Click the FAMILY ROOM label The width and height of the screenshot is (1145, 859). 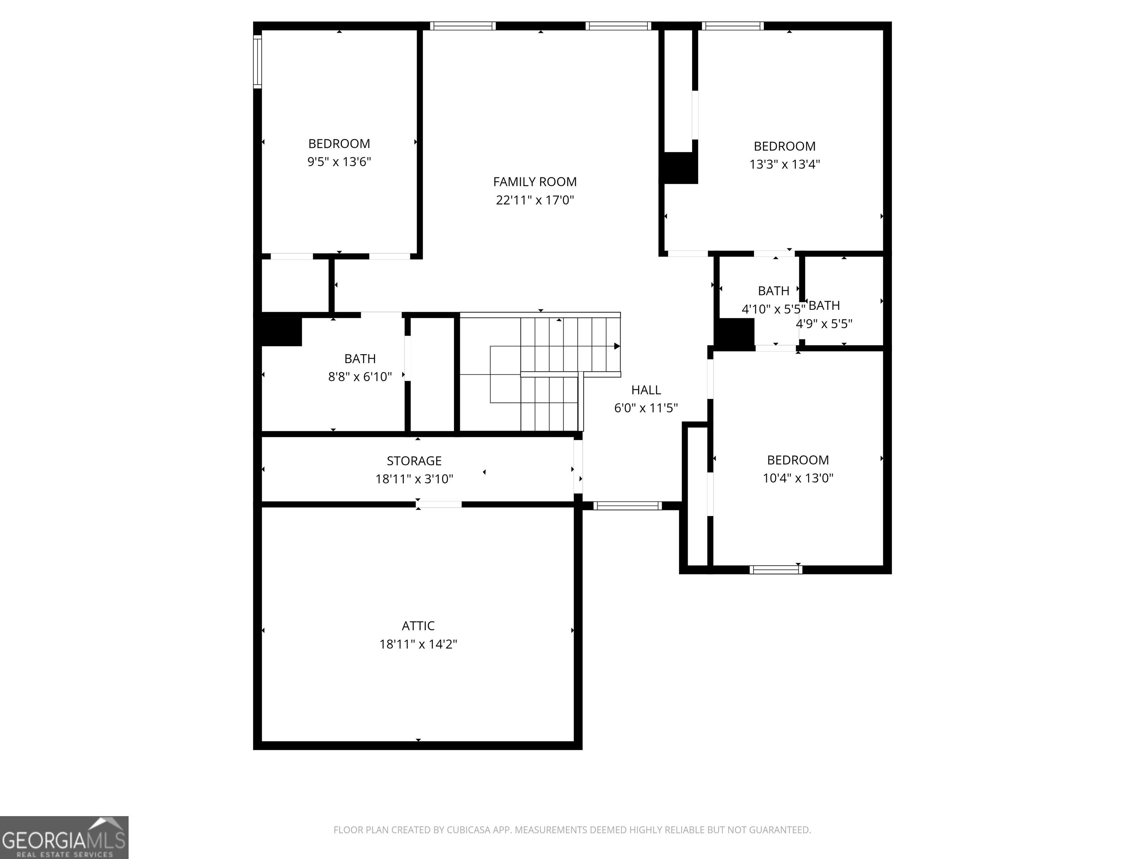click(x=535, y=182)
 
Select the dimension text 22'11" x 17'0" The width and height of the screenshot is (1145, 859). click(x=535, y=200)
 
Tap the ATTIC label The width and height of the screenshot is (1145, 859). click(x=418, y=626)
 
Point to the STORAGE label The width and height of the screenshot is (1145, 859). click(x=414, y=461)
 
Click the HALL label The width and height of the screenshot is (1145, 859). click(x=646, y=390)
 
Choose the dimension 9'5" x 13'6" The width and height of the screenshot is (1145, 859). click(x=339, y=161)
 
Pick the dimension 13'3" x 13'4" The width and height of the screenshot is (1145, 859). click(x=784, y=164)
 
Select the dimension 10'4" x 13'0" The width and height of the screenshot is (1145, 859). click(x=798, y=478)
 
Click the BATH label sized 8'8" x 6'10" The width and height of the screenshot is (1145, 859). click(x=360, y=358)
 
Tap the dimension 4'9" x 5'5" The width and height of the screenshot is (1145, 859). click(x=824, y=324)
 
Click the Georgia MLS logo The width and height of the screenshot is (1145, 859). click(x=64, y=837)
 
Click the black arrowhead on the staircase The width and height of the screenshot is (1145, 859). click(x=616, y=346)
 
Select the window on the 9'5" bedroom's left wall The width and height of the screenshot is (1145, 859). click(x=257, y=61)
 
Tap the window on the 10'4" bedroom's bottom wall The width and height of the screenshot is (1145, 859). click(x=775, y=570)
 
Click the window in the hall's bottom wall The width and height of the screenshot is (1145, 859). click(x=627, y=506)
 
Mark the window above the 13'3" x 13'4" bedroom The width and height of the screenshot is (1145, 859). click(x=732, y=26)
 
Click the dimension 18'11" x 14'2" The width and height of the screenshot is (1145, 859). click(x=418, y=644)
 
